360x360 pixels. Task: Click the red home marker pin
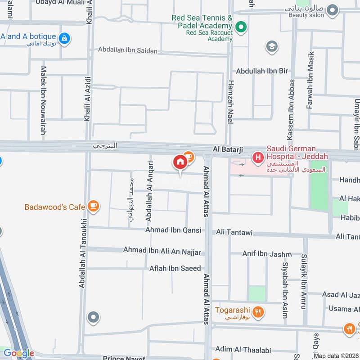180,162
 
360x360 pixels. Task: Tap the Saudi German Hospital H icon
257,157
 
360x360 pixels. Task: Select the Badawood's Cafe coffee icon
94,206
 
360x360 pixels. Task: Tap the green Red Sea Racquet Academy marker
241,28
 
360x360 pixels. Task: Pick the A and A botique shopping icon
65,38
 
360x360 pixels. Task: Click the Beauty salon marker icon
332,9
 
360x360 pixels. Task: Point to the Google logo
18,353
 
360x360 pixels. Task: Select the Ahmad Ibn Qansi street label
173,230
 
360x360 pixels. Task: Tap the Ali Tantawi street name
234,233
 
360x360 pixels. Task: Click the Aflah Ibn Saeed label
175,268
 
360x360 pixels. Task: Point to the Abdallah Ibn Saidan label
128,50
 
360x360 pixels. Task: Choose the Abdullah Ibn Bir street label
262,71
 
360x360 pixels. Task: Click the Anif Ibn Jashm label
267,254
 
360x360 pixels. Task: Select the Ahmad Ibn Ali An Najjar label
162,250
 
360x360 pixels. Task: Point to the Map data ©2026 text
336,356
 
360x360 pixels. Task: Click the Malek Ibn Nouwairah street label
44,100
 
